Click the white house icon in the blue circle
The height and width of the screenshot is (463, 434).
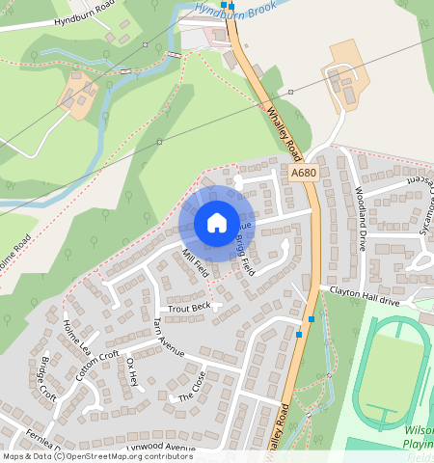tap(217, 224)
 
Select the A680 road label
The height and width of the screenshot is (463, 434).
tap(303, 174)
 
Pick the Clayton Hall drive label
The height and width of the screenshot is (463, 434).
tap(365, 289)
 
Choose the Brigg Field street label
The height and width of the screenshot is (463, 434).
tap(242, 256)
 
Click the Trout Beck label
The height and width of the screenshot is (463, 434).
tap(188, 308)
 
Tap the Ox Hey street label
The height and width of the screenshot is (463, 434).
tap(133, 371)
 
